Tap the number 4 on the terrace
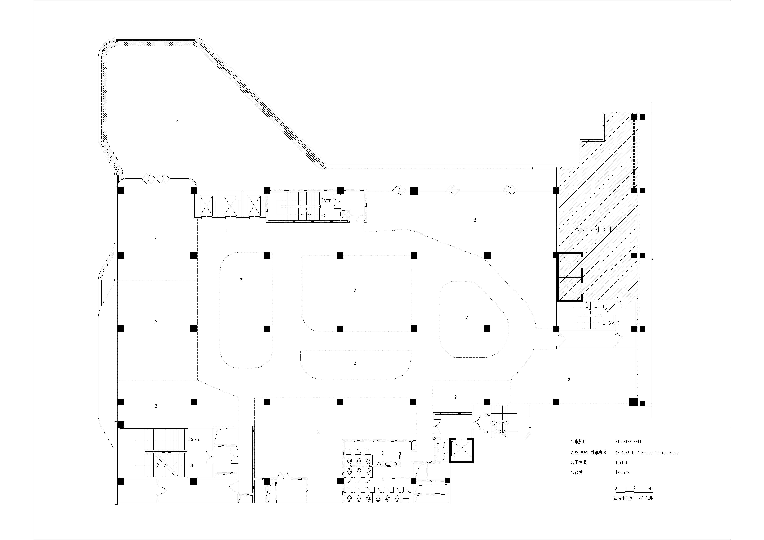177,121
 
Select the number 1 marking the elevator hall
227,230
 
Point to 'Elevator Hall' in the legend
628,442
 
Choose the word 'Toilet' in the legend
621,462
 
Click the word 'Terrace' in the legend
622,472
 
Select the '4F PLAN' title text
646,498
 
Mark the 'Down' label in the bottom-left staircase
194,440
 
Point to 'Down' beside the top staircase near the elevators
326,200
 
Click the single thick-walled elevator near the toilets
461,451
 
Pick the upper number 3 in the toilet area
383,453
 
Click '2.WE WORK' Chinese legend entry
588,452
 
